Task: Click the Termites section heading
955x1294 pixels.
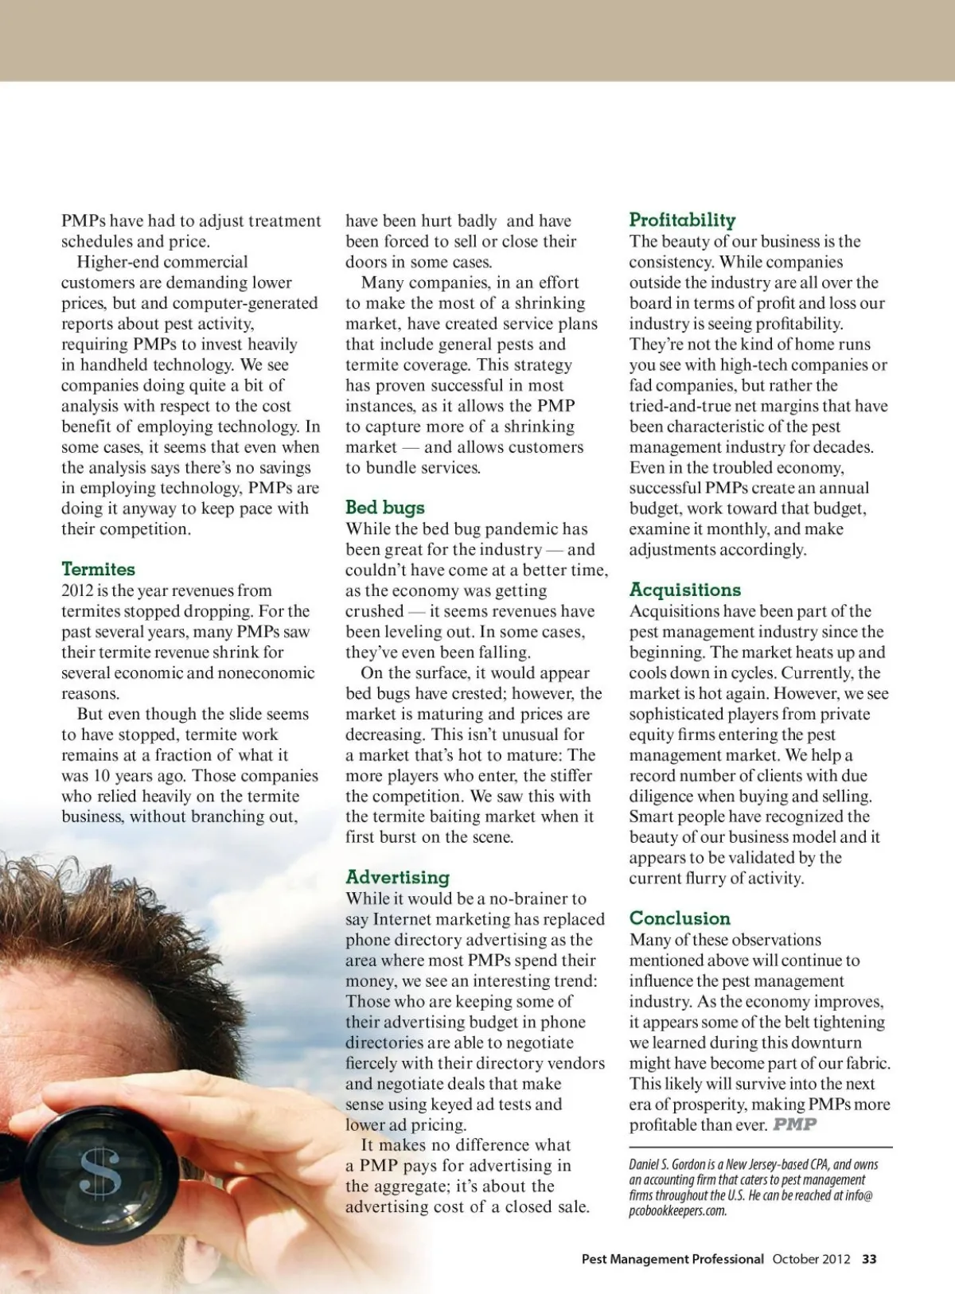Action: [x=98, y=569]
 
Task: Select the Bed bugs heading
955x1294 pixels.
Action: [x=385, y=508]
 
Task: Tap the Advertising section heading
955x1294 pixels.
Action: [x=397, y=877]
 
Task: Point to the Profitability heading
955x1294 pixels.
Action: [x=682, y=220]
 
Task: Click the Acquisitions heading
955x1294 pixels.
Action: [x=684, y=590]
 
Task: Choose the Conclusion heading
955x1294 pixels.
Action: [x=680, y=918]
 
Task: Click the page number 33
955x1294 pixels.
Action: [x=869, y=1259]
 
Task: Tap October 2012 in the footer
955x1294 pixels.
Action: [x=811, y=1259]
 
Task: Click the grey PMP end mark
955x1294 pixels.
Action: [x=795, y=1124]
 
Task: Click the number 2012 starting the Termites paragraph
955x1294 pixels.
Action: [x=77, y=590]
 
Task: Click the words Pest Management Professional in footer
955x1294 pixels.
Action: [x=672, y=1259]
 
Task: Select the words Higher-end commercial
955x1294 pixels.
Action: [x=162, y=262]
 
